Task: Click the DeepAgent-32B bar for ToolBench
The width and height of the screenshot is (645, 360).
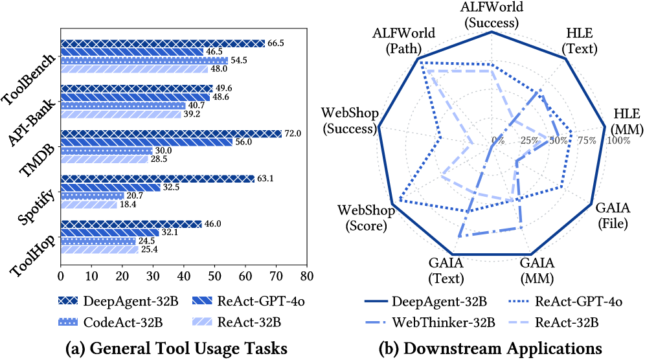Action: point(162,43)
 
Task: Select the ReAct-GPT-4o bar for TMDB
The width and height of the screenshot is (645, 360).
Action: point(146,142)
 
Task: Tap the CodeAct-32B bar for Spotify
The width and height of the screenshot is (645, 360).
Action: point(92,196)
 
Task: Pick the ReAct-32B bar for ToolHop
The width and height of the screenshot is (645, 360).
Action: point(99,249)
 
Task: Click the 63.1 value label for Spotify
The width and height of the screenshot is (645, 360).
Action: point(265,179)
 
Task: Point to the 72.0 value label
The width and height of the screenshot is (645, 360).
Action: point(292,133)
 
